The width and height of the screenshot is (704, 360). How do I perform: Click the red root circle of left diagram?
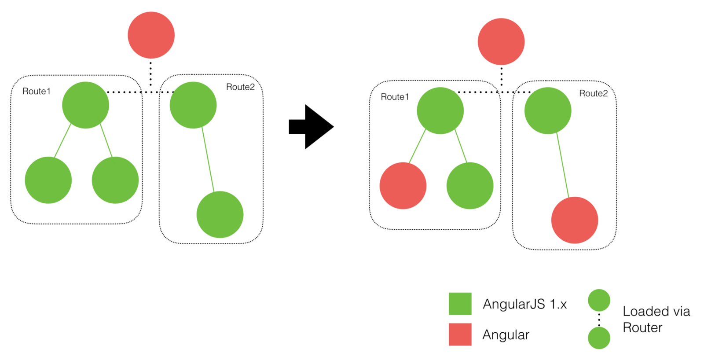(151, 35)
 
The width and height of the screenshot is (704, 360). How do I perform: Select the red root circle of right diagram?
(501, 42)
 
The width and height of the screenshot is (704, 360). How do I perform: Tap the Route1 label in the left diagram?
(37, 91)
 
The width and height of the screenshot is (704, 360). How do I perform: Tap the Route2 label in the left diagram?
(240, 87)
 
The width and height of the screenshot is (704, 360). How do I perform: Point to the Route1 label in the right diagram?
(395, 97)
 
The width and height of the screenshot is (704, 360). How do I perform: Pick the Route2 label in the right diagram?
(593, 93)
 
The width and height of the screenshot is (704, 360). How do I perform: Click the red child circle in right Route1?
(403, 186)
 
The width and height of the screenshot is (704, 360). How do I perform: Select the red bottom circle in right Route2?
(575, 220)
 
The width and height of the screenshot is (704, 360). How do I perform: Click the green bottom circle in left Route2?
(220, 214)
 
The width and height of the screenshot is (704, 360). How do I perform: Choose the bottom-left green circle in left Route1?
(48, 180)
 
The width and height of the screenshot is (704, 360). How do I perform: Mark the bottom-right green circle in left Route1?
(115, 180)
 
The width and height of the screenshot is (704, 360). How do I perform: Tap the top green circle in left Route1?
(85, 105)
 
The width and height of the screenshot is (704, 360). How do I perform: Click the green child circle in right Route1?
(470, 186)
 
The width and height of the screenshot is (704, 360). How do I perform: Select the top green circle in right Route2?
(548, 110)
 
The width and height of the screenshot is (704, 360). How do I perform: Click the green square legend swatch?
(460, 304)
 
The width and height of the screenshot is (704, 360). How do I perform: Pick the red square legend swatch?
(460, 334)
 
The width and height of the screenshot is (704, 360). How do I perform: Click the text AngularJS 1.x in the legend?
(524, 304)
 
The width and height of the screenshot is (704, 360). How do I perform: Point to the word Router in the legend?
(642, 328)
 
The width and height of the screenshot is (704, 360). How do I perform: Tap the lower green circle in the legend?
(599, 338)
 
